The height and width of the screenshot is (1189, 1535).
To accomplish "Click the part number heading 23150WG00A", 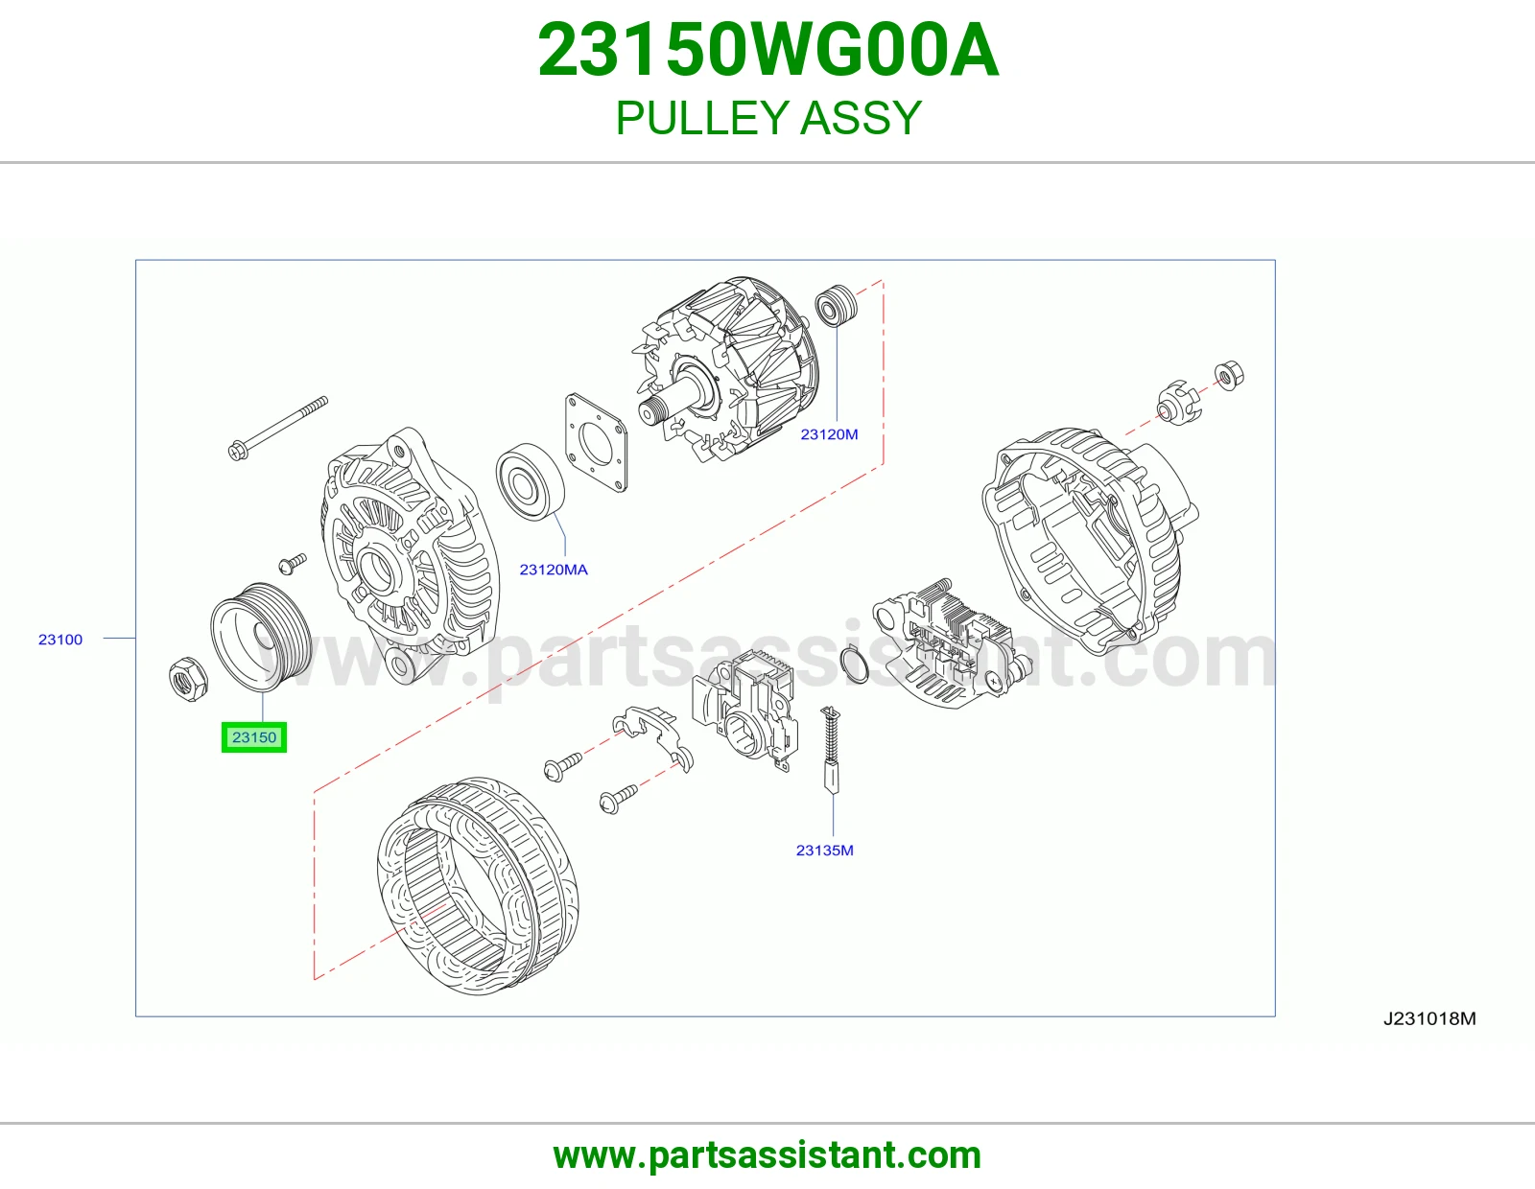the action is pyautogui.click(x=767, y=51).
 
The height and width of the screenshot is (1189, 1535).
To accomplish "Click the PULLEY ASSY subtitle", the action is pyautogui.click(x=768, y=118).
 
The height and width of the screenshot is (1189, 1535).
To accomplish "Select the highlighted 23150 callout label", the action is pyautogui.click(x=253, y=737).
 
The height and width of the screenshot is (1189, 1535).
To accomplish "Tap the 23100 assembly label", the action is pyautogui.click(x=60, y=639).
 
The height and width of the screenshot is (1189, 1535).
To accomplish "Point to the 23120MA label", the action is pyautogui.click(x=554, y=569).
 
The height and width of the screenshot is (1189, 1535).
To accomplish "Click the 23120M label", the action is pyautogui.click(x=829, y=434).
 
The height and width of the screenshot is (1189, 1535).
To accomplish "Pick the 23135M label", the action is pyautogui.click(x=824, y=851).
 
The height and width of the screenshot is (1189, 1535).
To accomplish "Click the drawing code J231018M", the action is pyautogui.click(x=1429, y=1018).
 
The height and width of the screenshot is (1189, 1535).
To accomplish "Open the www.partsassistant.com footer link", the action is pyautogui.click(x=767, y=1155).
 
